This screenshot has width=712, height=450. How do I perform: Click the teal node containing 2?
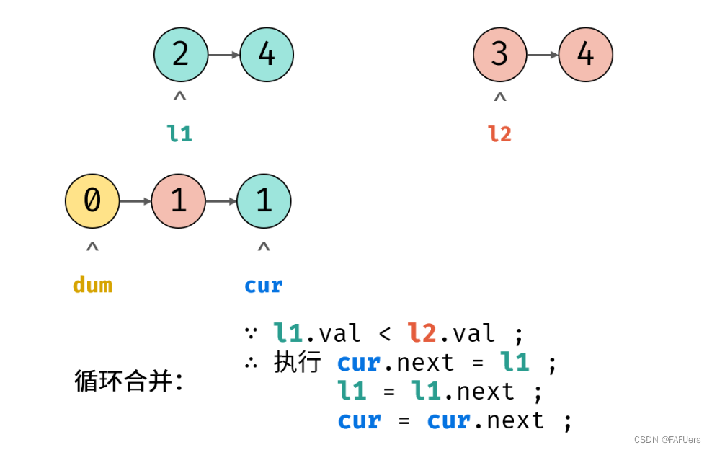point(181,55)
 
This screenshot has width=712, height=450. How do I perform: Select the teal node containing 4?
point(267,55)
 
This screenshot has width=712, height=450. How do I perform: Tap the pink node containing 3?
point(500,55)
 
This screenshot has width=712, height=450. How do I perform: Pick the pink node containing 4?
point(585,55)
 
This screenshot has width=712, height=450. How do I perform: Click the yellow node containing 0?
point(92,201)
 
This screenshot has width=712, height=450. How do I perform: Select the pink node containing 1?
point(178,201)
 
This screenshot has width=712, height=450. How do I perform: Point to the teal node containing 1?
point(264,201)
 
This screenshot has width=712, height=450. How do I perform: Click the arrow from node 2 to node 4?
point(223,55)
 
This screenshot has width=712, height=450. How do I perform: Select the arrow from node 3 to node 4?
point(543,55)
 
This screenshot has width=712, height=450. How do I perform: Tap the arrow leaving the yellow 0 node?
point(135,201)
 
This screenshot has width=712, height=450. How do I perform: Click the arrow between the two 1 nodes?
point(221,201)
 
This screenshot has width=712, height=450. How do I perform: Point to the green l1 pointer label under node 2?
point(180,133)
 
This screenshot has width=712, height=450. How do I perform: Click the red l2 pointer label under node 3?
point(499,133)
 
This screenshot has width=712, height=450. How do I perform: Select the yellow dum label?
point(92,285)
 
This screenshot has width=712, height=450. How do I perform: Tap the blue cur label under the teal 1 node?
point(264,285)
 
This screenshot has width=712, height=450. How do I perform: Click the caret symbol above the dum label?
point(92,247)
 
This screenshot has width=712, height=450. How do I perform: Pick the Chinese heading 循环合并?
point(129,380)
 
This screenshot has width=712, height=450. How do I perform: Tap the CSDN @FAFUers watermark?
point(667,439)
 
